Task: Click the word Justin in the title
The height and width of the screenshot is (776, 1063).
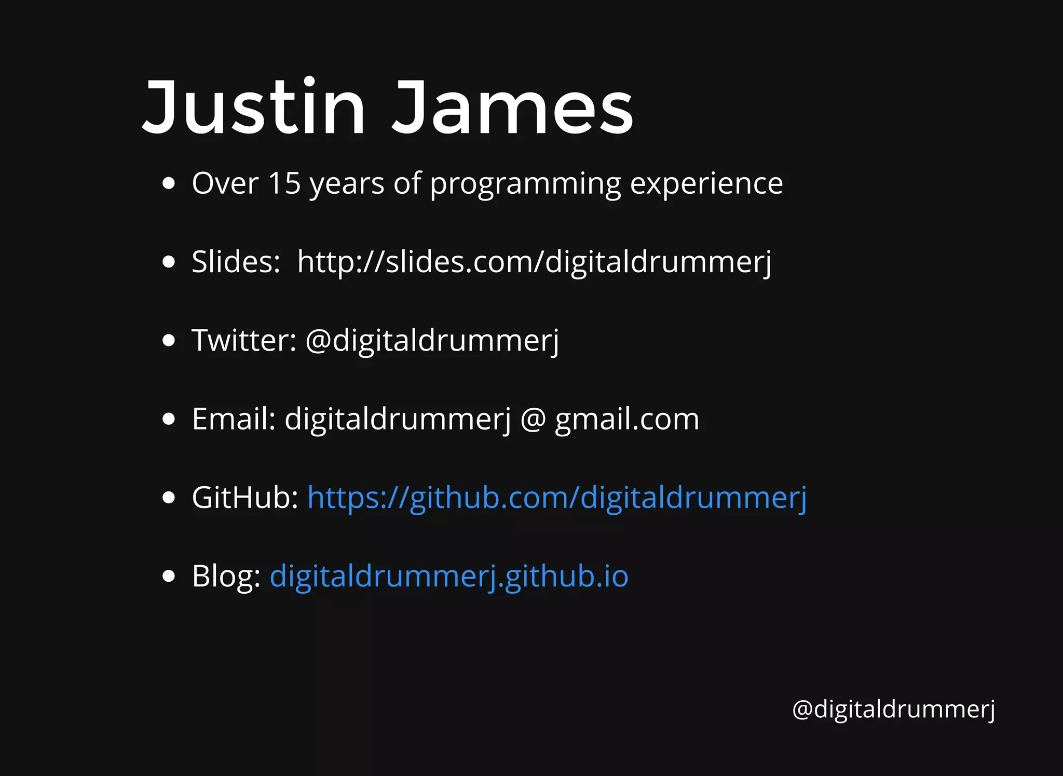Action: point(253,108)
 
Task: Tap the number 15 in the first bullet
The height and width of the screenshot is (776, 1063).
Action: point(284,183)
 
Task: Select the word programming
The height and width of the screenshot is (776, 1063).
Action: point(525,184)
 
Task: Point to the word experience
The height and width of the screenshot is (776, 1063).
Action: point(706,184)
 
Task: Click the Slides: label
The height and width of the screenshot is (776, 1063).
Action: point(236,262)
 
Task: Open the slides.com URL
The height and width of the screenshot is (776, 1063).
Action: point(534,262)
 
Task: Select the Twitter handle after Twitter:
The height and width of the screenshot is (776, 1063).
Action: point(432,341)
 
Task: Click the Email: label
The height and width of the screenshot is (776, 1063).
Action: point(234,419)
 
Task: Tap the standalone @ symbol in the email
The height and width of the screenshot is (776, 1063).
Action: point(533,420)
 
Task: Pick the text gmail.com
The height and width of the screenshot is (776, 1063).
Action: point(627,420)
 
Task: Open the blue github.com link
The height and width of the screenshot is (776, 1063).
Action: point(557,498)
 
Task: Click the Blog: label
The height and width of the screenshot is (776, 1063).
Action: point(226,576)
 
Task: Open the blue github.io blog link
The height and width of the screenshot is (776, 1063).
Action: point(449,577)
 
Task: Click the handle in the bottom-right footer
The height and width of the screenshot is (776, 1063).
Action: point(893,709)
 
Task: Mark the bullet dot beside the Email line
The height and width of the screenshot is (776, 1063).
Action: point(168,419)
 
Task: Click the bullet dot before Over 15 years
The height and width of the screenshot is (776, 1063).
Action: point(168,183)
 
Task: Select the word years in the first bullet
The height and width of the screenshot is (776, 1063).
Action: point(347,184)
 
